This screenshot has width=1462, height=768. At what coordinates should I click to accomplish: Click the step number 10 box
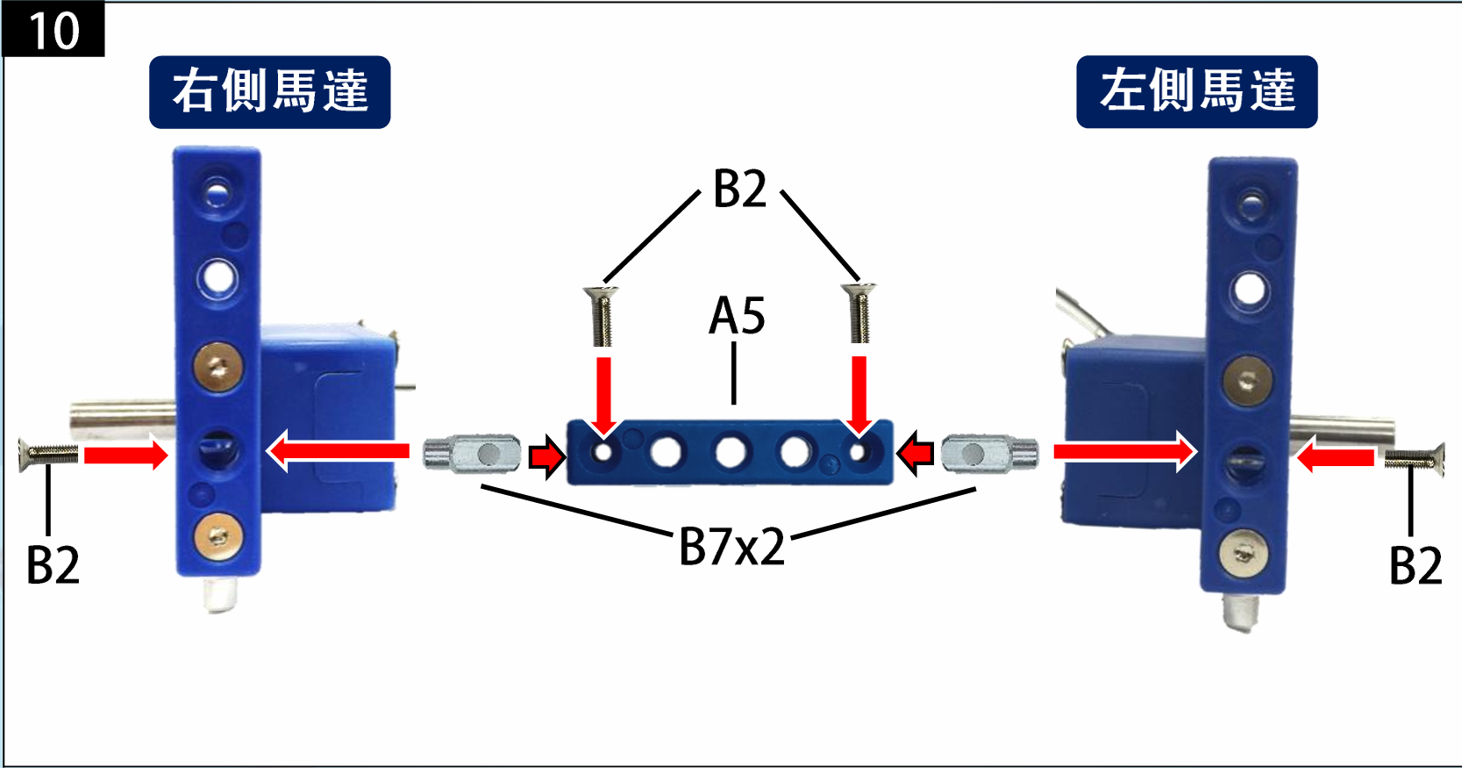[53, 30]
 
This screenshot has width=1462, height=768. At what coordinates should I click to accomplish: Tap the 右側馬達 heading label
[269, 92]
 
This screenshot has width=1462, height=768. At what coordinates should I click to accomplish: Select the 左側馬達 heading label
[1196, 91]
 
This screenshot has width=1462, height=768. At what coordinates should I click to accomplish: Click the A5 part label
[737, 316]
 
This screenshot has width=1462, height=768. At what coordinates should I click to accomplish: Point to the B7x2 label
[732, 547]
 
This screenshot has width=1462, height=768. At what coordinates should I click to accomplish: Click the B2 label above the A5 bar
[739, 189]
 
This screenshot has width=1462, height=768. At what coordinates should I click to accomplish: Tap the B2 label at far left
[53, 564]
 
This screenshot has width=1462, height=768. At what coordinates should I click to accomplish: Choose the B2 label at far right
[1415, 564]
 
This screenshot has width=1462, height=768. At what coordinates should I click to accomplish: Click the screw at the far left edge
[48, 454]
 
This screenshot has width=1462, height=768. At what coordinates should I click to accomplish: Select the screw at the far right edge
[1414, 457]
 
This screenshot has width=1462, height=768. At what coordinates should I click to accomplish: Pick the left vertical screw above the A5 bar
[602, 315]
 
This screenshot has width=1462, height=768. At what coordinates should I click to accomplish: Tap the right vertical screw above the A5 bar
[859, 312]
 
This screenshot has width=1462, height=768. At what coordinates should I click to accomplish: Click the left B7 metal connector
[473, 454]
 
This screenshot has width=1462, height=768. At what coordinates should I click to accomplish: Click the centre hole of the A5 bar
[730, 453]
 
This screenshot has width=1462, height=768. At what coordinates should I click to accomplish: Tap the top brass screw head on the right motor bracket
[218, 365]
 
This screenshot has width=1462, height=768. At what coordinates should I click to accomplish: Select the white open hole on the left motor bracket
[1249, 288]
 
